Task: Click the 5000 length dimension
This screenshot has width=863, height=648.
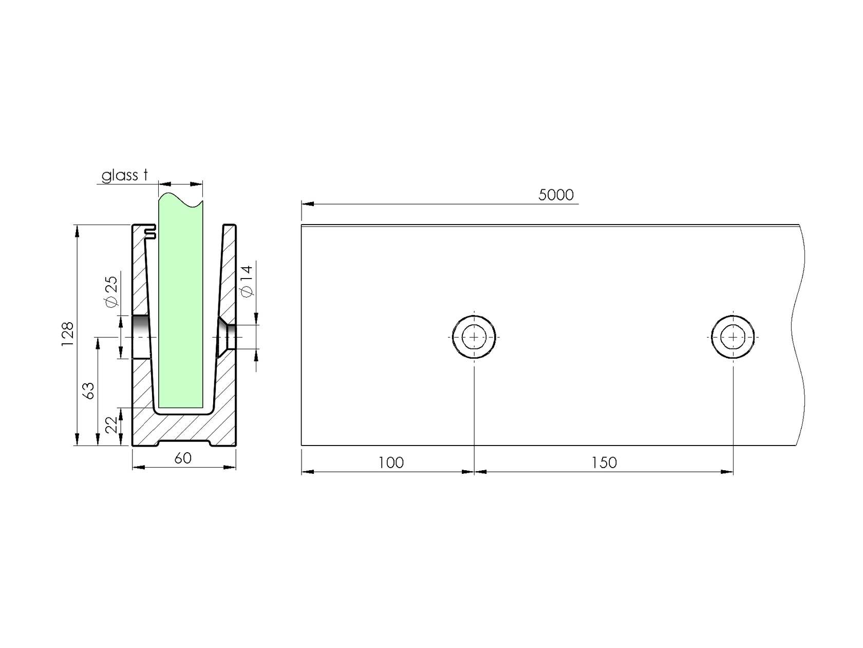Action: tap(556, 195)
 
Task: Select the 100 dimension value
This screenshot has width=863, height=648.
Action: tap(391, 462)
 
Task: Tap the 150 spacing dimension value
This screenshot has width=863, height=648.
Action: tap(604, 462)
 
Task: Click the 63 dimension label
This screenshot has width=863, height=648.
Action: tap(88, 391)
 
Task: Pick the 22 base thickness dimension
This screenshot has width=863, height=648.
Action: tap(111, 425)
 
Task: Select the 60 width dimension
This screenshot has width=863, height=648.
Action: tap(183, 458)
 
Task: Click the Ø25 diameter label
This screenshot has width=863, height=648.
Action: tap(111, 292)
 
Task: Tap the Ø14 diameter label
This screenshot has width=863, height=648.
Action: tap(247, 281)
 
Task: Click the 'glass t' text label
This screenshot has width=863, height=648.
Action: tap(124, 176)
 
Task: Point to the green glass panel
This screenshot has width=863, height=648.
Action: tap(180, 308)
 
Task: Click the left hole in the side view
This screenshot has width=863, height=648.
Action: tap(474, 337)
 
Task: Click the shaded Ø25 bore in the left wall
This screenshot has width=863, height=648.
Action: tap(141, 337)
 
